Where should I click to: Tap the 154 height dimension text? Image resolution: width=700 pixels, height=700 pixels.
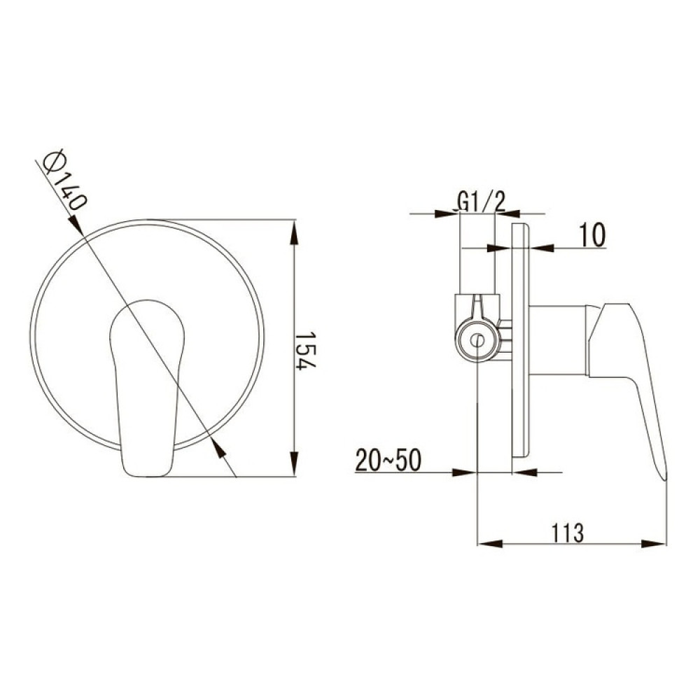(x=306, y=350)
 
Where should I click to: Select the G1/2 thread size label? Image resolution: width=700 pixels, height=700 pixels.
(x=482, y=202)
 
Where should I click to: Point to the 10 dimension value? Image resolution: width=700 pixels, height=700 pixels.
(x=592, y=234)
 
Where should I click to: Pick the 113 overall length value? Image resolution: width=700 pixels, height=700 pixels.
(x=568, y=532)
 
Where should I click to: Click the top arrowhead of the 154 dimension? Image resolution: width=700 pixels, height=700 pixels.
(x=293, y=232)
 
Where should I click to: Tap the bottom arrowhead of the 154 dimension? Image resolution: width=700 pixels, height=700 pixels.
(x=293, y=464)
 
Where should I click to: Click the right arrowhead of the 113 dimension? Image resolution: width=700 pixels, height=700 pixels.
(x=654, y=544)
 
